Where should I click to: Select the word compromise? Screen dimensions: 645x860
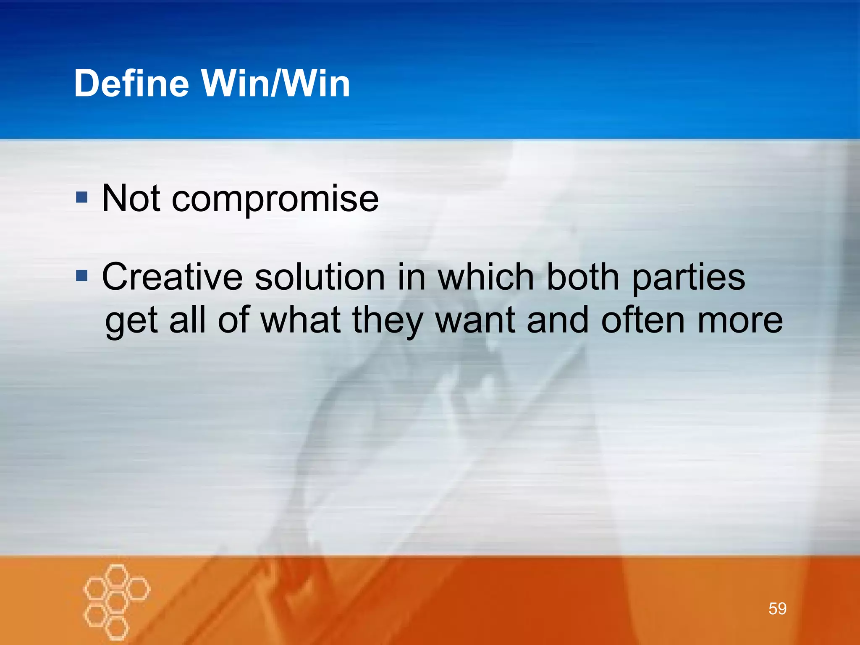(275, 199)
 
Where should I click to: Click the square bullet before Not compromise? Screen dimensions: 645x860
(82, 197)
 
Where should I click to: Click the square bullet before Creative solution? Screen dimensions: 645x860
(82, 276)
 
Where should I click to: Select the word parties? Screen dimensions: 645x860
(689, 278)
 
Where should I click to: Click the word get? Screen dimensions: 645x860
(131, 322)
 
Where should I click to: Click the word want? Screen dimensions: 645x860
(475, 321)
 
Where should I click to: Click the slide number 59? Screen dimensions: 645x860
(777, 608)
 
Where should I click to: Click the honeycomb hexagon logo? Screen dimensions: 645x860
(116, 601)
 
